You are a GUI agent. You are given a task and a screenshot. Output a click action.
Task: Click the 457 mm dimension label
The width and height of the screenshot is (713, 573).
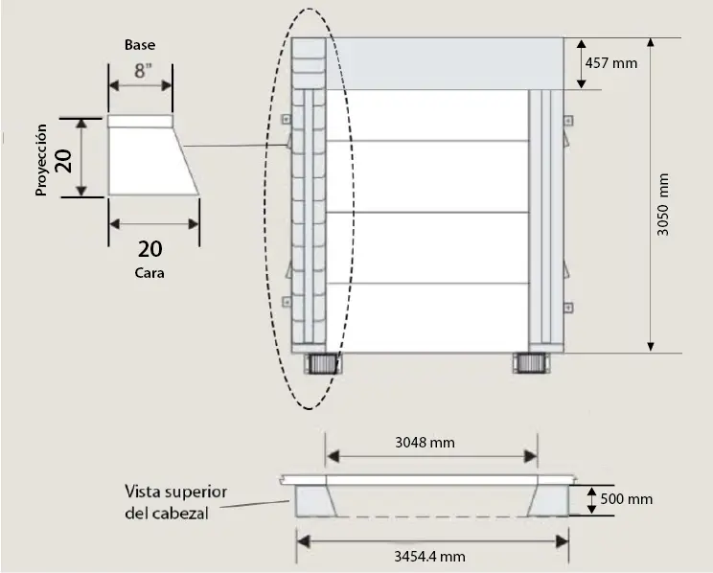[x=611, y=62]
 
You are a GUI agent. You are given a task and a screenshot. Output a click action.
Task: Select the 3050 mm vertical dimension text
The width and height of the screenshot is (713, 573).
[x=663, y=205]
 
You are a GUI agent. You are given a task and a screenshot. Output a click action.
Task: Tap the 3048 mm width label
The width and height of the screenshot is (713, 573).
[x=425, y=443]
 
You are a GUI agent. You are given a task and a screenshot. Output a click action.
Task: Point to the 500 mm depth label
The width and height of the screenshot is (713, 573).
[x=626, y=499]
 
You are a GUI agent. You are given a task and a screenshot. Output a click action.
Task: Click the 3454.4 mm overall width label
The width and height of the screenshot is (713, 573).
[x=429, y=556]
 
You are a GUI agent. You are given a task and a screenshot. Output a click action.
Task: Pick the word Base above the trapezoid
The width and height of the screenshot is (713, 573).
[x=140, y=45]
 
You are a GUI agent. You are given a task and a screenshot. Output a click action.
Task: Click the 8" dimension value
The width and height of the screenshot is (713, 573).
[x=143, y=71]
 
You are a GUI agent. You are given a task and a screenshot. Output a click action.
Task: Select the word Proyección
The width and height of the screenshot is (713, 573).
[x=41, y=160]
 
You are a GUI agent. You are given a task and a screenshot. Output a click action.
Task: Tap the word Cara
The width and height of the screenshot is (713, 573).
[x=149, y=273]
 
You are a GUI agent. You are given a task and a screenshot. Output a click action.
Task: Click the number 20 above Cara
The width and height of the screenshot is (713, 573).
[x=149, y=249]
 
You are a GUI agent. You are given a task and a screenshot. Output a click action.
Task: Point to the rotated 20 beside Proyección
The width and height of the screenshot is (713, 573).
[x=63, y=161]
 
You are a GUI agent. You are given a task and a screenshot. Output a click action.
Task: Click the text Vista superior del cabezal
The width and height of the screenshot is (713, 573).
[x=175, y=502]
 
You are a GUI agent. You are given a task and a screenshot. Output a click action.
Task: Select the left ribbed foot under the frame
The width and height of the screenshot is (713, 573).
[x=323, y=364]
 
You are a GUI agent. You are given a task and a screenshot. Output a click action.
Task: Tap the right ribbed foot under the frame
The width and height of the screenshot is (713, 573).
[x=531, y=363]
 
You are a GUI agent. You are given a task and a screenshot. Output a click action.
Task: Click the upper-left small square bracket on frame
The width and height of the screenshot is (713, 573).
[x=286, y=119]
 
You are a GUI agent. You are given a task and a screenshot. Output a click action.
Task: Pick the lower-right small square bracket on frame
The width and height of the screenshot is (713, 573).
[x=568, y=308]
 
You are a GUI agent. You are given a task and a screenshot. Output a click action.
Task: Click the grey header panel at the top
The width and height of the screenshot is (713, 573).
[x=445, y=63]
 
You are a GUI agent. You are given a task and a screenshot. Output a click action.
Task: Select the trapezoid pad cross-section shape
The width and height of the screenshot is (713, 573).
[x=153, y=155]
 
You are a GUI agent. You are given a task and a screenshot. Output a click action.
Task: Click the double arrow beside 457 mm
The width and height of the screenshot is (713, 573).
[x=581, y=63]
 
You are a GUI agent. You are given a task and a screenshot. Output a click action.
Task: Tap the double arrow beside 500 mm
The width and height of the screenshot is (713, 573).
[x=591, y=500]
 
